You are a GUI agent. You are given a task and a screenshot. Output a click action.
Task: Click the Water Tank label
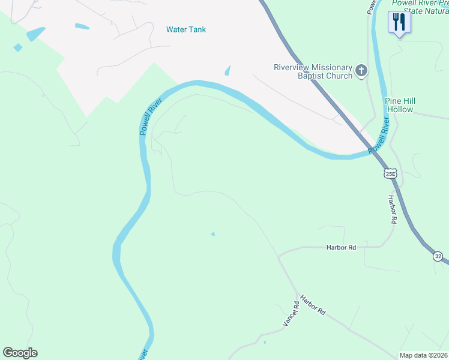pos(186,29)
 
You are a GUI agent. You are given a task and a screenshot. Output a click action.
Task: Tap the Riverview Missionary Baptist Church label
pos(312,71)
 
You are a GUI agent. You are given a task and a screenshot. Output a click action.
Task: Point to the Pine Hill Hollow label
pos(400,105)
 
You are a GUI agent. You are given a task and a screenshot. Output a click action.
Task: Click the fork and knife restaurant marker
pos(399,23)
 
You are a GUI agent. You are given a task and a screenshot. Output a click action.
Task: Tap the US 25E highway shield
pos(391,173)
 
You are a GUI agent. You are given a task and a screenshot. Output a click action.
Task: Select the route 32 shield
pos(439,256)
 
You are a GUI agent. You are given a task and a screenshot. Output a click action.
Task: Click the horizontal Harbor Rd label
pos(341,247)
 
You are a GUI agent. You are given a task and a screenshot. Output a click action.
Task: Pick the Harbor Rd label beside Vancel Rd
pos(313,305)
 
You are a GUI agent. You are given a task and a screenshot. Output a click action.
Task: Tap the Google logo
pos(20,353)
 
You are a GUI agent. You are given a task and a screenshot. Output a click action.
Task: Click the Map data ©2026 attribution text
pos(424,355)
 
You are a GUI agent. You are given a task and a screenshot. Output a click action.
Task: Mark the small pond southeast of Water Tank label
pos(227,71)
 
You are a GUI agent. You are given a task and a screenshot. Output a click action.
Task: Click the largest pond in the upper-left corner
pos(35,34)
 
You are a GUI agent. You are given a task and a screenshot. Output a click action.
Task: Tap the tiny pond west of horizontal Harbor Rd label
pos(212,234)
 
